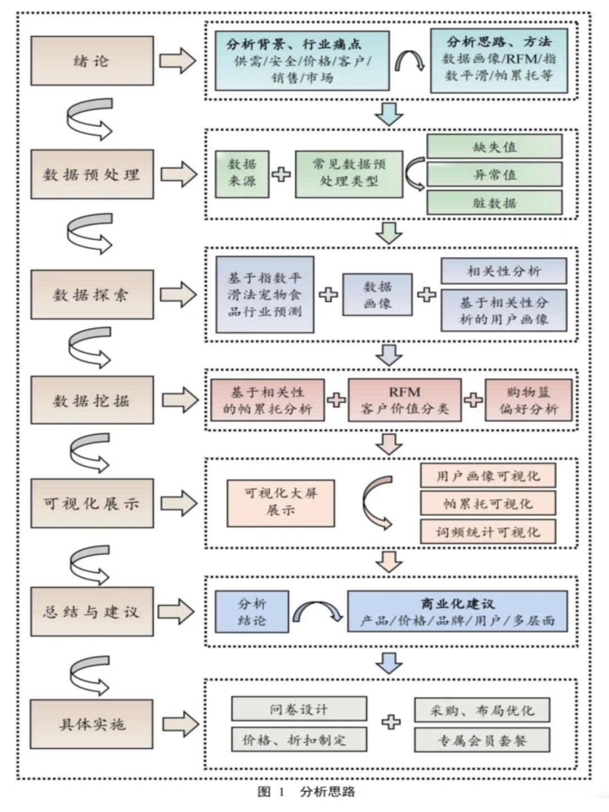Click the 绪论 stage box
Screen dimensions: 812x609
coord(92,61)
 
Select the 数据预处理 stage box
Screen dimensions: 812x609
coord(92,174)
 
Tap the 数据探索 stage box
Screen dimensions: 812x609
coord(92,294)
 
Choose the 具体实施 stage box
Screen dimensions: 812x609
coord(91,724)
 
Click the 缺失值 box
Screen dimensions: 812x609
coord(494,147)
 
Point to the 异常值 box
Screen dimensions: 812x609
coord(494,175)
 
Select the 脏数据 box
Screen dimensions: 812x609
coord(494,202)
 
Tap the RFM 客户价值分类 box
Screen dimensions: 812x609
coord(404,400)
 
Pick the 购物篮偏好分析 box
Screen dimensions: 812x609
coord(528,400)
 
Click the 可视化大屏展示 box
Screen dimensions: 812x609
coord(280,502)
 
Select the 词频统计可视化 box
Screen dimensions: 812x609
coord(488,532)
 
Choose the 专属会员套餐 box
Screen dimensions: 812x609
coord(482,740)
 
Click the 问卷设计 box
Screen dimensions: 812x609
coord(299,709)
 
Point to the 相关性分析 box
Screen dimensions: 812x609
coord(504,271)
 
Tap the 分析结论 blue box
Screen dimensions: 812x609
coord(251,612)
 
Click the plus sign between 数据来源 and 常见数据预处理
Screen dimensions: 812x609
coord(281,174)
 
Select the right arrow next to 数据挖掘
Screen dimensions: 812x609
coord(180,400)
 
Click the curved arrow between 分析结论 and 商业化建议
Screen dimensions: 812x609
coord(317,611)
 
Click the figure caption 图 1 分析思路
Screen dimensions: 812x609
coord(306,792)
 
